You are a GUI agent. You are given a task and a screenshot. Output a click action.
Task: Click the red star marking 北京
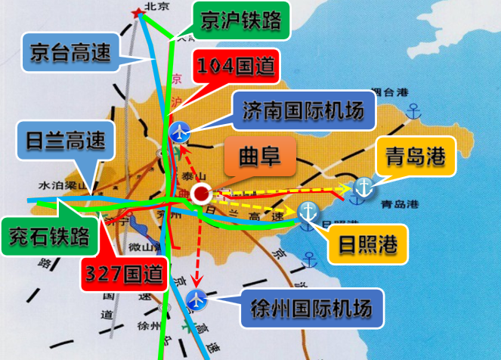pyautogui.click(x=138, y=13)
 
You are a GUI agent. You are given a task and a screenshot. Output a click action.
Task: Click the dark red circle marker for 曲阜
pyautogui.click(x=201, y=194)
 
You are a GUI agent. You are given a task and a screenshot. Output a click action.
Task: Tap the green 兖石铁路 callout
pyautogui.click(x=49, y=236)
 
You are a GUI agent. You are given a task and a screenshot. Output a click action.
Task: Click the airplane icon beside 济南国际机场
pyautogui.click(x=180, y=131)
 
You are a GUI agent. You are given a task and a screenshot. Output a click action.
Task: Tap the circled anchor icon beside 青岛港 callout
pyautogui.click(x=363, y=188)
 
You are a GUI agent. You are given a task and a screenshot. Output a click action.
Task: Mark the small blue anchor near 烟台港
pyautogui.click(x=413, y=113)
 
